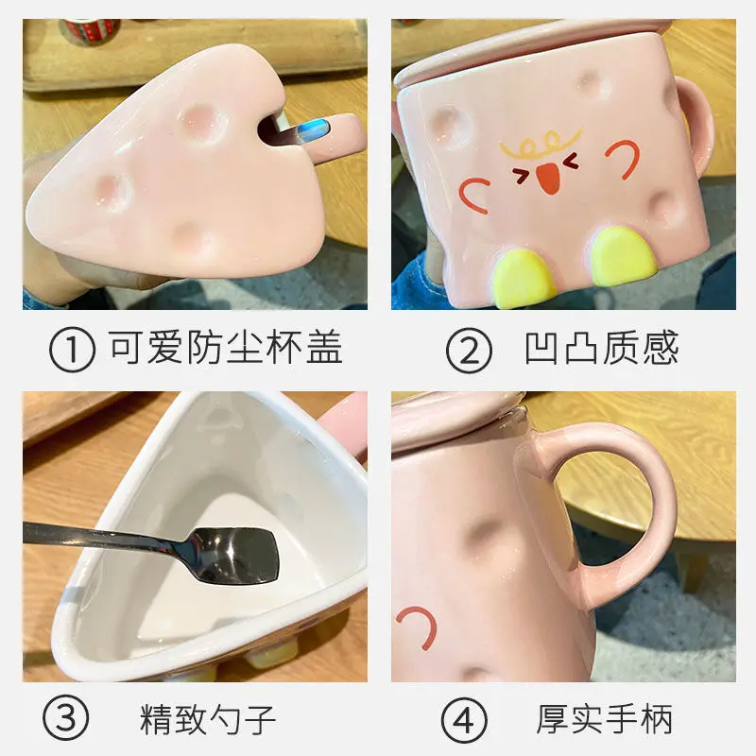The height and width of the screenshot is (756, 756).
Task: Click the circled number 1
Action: (72, 348)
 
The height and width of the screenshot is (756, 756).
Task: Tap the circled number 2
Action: (469, 350)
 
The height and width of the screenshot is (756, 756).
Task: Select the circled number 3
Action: (72, 720)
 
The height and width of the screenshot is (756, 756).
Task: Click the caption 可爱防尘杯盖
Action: (225, 348)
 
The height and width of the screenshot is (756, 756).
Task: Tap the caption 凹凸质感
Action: (601, 348)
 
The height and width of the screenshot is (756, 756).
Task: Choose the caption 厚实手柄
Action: (605, 720)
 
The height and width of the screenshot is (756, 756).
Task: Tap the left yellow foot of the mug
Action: (525, 278)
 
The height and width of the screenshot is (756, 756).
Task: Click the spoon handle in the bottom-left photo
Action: (104, 537)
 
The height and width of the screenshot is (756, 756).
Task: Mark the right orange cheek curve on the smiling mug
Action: (625, 155)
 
